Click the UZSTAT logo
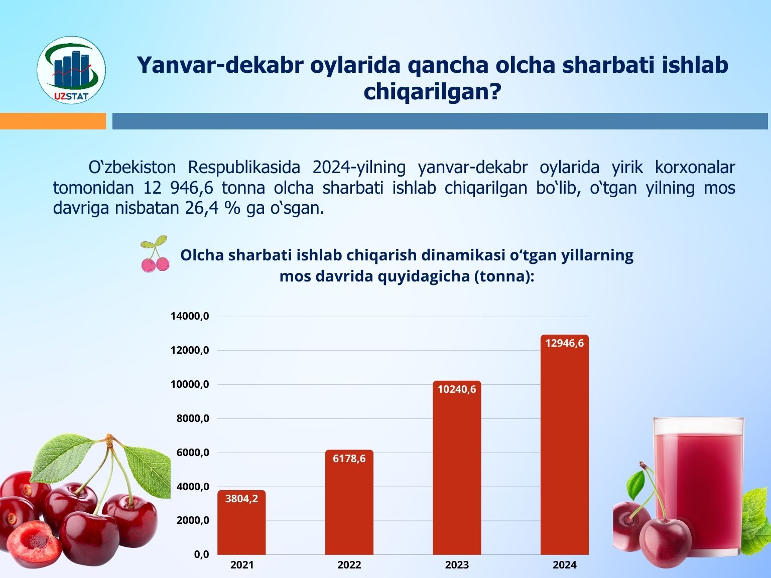tap(71, 70)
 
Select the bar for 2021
tap(241, 522)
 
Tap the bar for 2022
tap(349, 502)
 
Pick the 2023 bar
tap(457, 468)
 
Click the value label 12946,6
tap(565, 343)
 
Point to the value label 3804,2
tap(241, 498)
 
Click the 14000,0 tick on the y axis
tap(190, 316)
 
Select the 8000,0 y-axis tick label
tap(192, 418)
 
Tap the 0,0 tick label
tap(201, 554)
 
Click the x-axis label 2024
tap(565, 565)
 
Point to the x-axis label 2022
tap(349, 565)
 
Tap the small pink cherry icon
tap(155, 254)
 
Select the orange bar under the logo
tap(53, 121)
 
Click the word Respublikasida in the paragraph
tap(244, 168)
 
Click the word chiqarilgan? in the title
tap(432, 92)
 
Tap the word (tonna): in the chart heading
tap(504, 276)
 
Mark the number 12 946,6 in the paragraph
tap(178, 188)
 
